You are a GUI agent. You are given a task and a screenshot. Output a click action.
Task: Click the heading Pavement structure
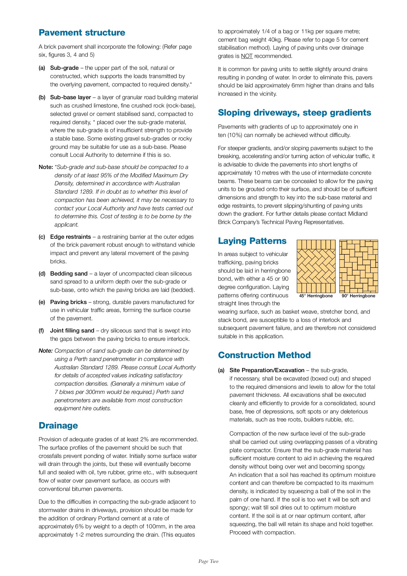click(82, 33)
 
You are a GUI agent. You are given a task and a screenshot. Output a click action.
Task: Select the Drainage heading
click(58, 426)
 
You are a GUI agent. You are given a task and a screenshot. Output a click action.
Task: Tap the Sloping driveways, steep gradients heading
click(294, 113)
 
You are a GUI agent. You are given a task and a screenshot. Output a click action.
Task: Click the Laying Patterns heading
click(252, 241)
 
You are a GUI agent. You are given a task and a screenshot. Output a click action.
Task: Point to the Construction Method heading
click(264, 355)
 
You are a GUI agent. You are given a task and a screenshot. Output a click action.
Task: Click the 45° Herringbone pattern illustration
click(316, 266)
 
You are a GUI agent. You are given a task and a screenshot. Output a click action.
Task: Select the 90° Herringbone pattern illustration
click(358, 266)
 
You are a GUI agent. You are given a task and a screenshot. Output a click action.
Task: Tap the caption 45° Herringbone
click(316, 296)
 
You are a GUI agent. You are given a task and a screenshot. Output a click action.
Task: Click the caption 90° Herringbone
click(358, 296)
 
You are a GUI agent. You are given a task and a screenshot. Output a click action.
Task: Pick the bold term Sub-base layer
click(70, 97)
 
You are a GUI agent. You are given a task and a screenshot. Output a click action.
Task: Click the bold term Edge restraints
click(70, 237)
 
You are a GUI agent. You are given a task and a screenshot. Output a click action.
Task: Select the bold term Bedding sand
click(69, 274)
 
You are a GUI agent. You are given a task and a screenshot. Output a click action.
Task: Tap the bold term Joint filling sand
click(72, 331)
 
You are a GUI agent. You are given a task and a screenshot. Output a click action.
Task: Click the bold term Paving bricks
click(68, 302)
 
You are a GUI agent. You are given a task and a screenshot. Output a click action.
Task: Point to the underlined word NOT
click(247, 56)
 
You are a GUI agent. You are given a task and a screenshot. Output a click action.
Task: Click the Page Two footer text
click(208, 561)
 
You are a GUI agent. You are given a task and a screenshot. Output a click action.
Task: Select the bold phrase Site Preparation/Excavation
click(267, 370)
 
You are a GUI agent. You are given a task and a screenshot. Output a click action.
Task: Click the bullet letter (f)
click(41, 331)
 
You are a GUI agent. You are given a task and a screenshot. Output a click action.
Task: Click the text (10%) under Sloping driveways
click(235, 135)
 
